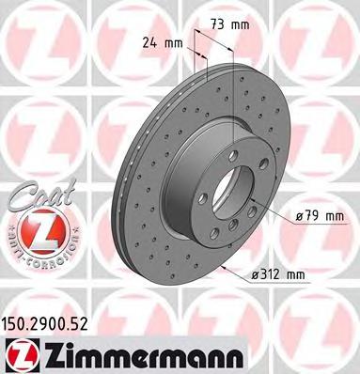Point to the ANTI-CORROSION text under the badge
point(37,256)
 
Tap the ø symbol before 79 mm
point(297,218)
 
